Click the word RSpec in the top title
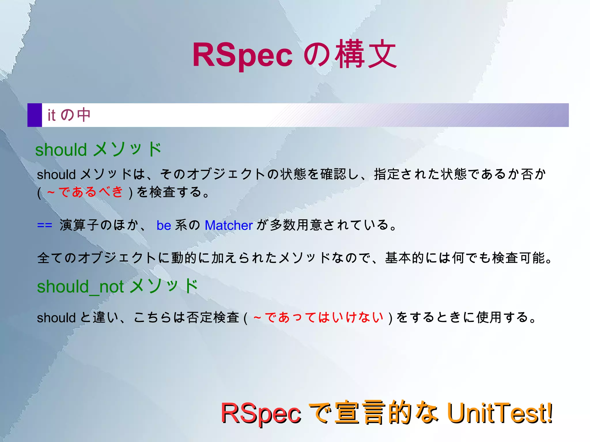pos(242,55)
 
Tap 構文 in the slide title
pos(366,54)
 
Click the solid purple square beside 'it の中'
pos(35,115)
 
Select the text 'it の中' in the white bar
pos(69,115)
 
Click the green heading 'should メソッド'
pos(98,149)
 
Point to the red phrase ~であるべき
pos(85,192)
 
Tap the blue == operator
pos(45,225)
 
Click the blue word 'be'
pos(164,225)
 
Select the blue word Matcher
pos(229,225)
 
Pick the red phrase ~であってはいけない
pos(318,317)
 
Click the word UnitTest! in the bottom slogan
pos(500,413)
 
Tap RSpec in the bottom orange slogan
pos(261,413)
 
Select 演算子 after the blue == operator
pos(79,225)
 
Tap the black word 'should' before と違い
pos(56,318)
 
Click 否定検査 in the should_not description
pos(213,317)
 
